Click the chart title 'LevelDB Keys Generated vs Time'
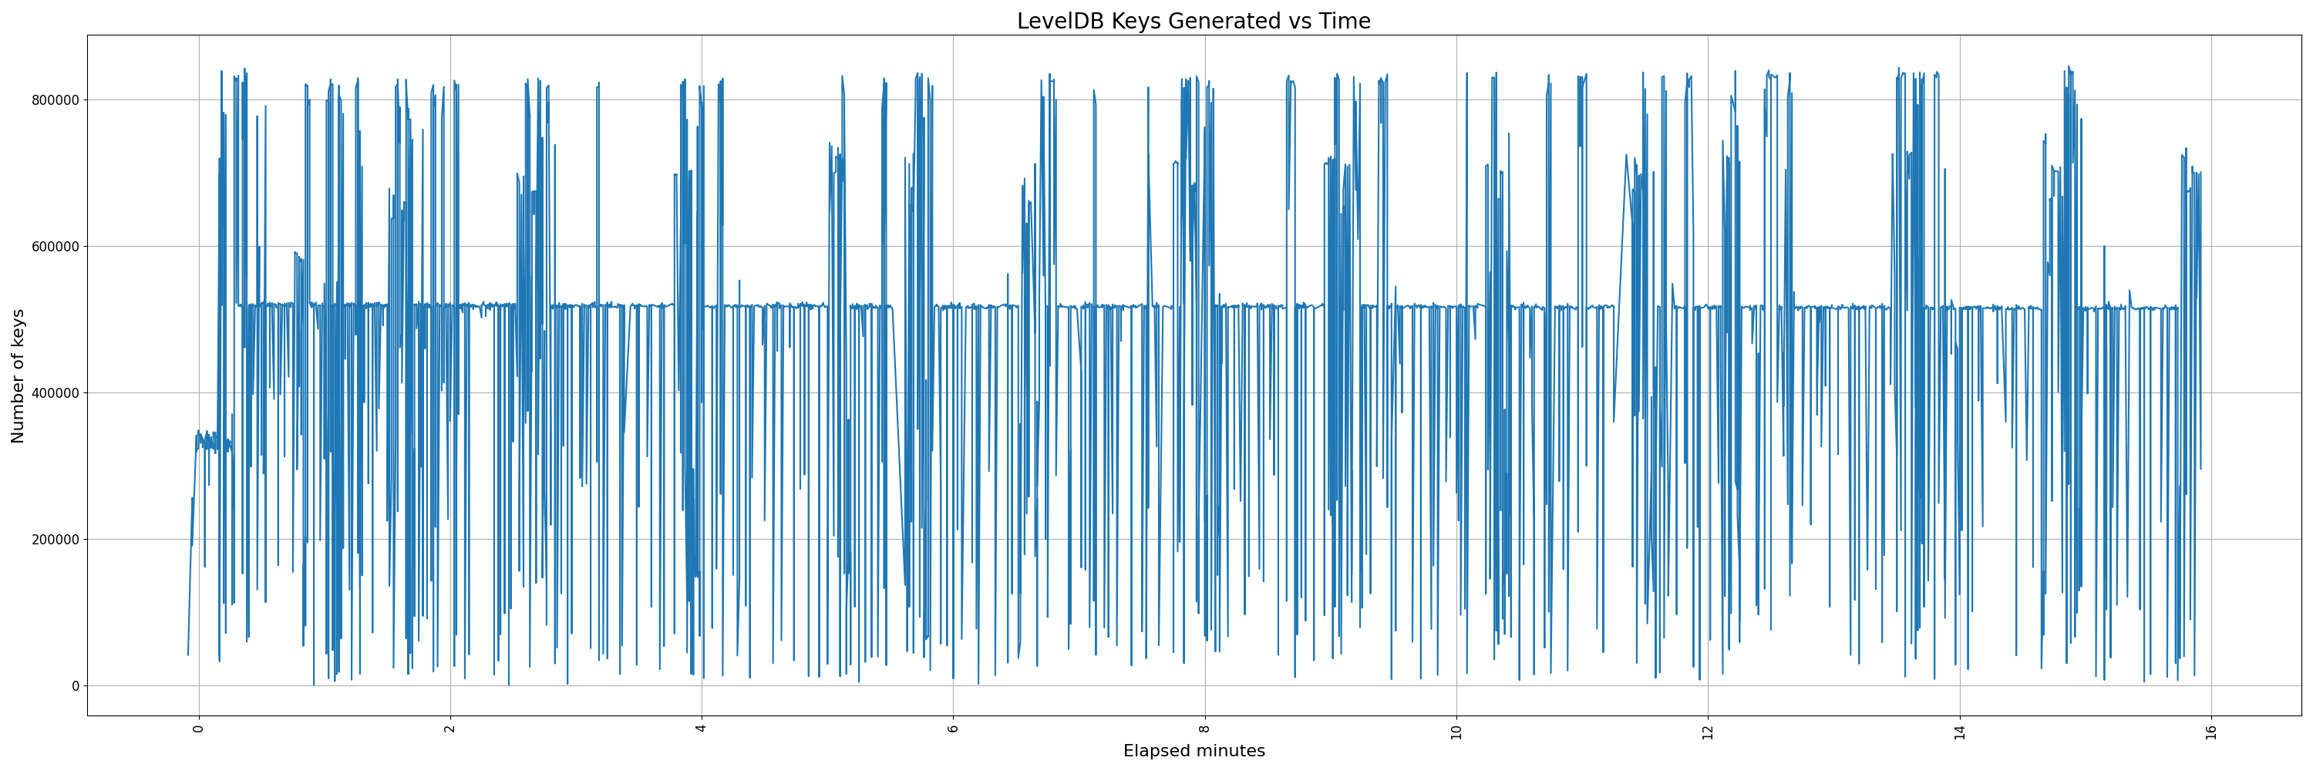tap(1194, 21)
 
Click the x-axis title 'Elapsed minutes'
tap(1194, 751)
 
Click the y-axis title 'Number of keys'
tap(18, 376)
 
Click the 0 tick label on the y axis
tap(76, 685)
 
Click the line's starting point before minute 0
tap(187, 655)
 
